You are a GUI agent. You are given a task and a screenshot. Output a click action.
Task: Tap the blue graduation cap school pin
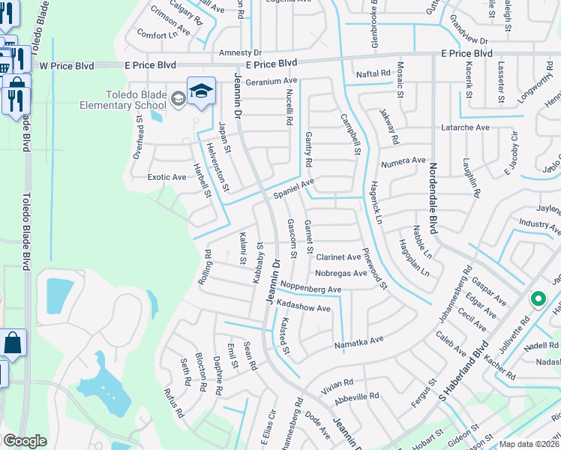point(201,91)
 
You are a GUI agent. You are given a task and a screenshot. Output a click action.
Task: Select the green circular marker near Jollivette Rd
point(538,298)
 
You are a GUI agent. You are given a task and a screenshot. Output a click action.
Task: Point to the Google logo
point(25,441)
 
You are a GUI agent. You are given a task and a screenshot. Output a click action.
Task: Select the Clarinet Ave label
point(338,257)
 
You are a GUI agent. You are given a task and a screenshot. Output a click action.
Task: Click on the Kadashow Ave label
point(303,307)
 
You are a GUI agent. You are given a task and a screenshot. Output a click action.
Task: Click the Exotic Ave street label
point(166,177)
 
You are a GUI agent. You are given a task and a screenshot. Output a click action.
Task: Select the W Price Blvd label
point(67,66)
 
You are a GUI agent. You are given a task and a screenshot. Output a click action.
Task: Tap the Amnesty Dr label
point(240,53)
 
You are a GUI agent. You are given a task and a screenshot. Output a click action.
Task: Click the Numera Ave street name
point(403,161)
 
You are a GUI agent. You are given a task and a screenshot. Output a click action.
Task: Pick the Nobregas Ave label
point(341,273)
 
